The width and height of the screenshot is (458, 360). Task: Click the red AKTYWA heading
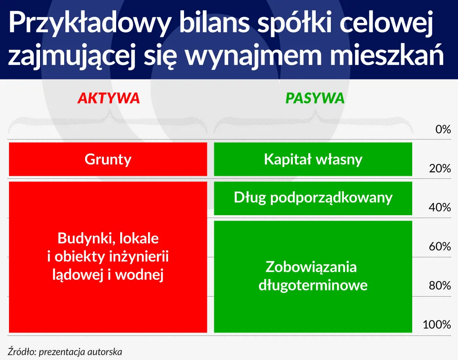click(108, 98)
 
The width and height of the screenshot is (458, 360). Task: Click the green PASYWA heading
click(315, 98)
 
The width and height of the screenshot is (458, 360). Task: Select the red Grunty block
click(108, 159)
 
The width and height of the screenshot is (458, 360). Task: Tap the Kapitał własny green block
click(313, 159)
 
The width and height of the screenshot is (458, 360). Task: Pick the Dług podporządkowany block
click(313, 198)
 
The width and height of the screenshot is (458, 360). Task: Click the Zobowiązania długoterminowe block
click(313, 276)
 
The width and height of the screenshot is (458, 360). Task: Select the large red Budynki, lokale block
click(108, 257)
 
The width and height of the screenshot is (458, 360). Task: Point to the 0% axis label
click(442, 130)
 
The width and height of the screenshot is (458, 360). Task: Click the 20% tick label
click(440, 169)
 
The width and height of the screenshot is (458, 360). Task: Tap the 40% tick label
click(440, 207)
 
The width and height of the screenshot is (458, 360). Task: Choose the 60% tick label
click(440, 247)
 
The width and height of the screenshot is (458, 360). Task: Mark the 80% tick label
click(440, 286)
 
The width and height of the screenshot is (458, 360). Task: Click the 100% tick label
click(437, 325)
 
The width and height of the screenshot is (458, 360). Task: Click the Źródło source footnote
click(65, 351)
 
